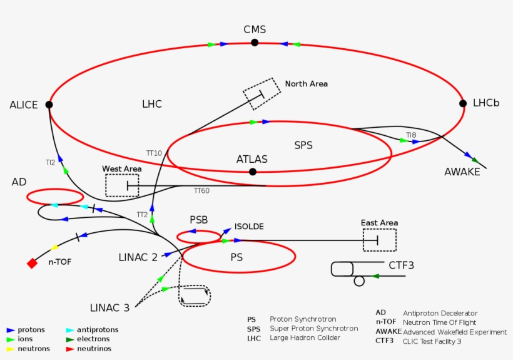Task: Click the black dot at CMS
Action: [x=255, y=43]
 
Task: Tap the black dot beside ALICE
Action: [x=49, y=105]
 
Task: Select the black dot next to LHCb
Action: [x=463, y=103]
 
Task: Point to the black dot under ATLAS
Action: [x=253, y=172]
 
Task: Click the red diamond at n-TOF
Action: [x=33, y=264]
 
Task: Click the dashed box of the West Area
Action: [x=122, y=185]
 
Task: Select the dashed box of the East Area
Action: [x=380, y=240]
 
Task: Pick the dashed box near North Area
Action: [x=262, y=93]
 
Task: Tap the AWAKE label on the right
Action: [x=462, y=172]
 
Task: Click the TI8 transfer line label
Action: [x=410, y=135]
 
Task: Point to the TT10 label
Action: [x=154, y=153]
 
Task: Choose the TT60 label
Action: [x=201, y=191]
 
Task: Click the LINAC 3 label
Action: [x=109, y=307]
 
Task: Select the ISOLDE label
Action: [x=249, y=226]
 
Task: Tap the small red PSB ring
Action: [x=198, y=237]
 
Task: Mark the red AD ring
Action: [x=55, y=197]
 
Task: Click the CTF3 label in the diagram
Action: [x=401, y=265]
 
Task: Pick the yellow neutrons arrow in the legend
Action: [x=11, y=349]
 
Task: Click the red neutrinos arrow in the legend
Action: [x=70, y=349]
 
